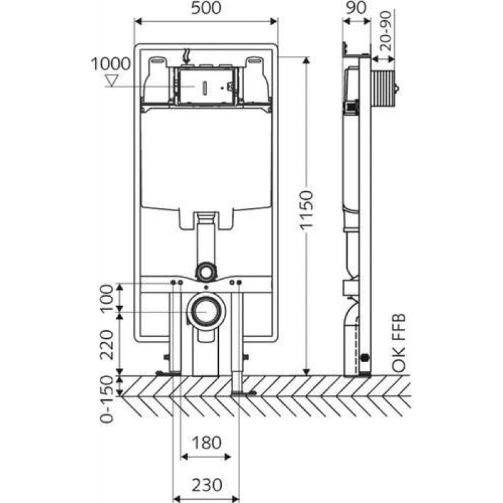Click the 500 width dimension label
(206, 8)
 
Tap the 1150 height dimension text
(306, 209)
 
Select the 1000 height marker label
(111, 64)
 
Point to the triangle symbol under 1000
(112, 80)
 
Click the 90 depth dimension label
(357, 8)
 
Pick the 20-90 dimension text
(386, 31)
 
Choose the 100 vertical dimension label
(107, 298)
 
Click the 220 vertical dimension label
(107, 345)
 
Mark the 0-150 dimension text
(107, 399)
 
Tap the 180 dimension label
(207, 443)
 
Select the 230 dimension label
(207, 484)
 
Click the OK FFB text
(399, 343)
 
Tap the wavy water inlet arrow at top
(187, 56)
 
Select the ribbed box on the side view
(383, 87)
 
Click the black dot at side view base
(365, 357)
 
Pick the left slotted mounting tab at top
(158, 60)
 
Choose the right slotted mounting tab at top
(255, 60)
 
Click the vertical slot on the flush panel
(206, 87)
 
